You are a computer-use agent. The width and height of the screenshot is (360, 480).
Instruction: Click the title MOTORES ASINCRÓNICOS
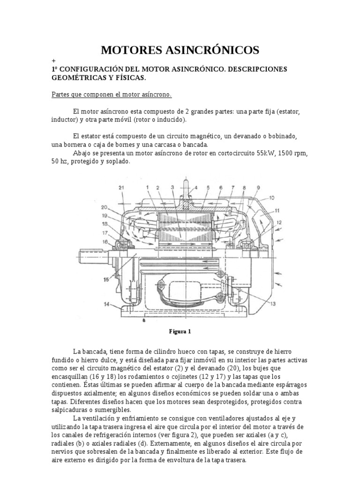point(180,50)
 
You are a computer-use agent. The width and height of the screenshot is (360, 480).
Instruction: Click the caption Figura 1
point(180,331)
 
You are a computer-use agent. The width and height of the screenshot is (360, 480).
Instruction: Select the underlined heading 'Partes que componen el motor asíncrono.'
point(112,95)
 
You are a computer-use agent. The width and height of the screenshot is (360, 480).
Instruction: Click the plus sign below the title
point(54,61)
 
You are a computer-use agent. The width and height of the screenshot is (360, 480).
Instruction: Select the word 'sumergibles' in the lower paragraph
point(116,411)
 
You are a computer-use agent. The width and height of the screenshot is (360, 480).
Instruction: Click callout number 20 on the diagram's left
point(103,208)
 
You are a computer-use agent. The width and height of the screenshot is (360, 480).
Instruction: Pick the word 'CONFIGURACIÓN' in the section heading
point(91,69)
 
